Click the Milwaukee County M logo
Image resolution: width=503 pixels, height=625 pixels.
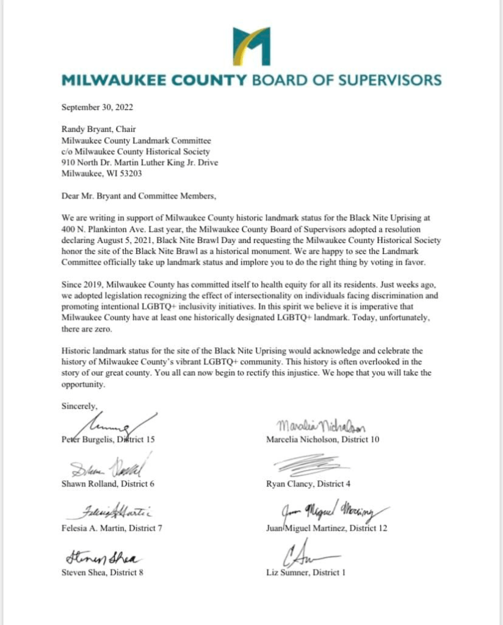[x=251, y=46]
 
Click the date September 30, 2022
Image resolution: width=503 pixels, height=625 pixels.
[x=97, y=107]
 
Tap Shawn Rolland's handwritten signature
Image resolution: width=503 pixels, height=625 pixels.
[x=107, y=469]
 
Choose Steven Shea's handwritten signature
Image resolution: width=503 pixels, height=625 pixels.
[x=101, y=557]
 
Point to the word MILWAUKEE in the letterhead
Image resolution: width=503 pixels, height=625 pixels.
[x=109, y=80]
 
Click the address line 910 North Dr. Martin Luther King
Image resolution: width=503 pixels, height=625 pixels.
[x=140, y=162]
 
